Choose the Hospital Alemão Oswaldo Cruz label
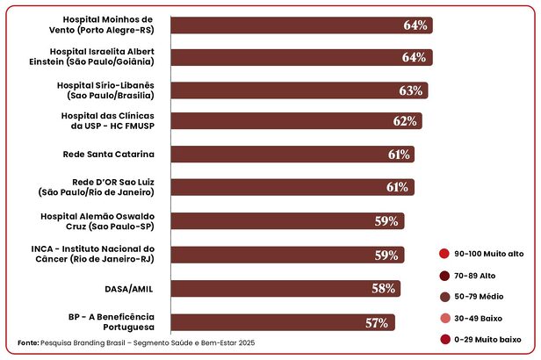97,220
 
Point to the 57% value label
378,322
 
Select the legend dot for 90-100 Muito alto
444,254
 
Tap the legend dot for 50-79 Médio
444,297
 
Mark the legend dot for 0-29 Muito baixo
444,339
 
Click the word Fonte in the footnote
28,342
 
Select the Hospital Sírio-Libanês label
105,90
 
